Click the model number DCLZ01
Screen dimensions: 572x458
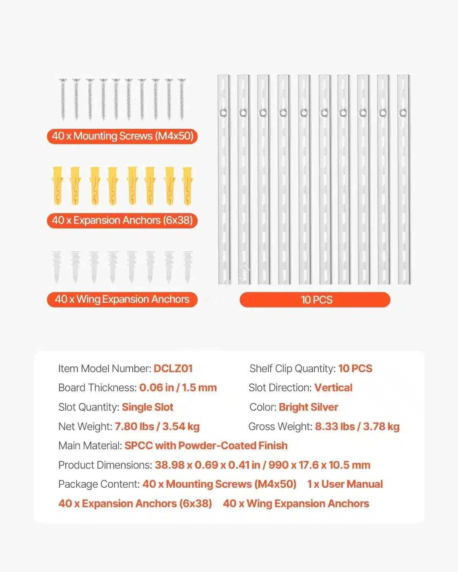[x=173, y=369]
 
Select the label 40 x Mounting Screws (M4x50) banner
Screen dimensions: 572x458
[x=122, y=136]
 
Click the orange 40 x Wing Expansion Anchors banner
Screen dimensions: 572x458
[x=122, y=299]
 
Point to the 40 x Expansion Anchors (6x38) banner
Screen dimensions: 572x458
[x=122, y=220]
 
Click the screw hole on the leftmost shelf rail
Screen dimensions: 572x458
[x=224, y=113]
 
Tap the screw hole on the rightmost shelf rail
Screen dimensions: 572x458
[x=403, y=113]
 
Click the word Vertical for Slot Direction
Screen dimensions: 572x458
[x=333, y=388]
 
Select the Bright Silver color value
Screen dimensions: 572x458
[x=308, y=407]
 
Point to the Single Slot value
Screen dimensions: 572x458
[x=147, y=407]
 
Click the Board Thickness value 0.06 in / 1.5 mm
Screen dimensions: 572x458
[x=178, y=388]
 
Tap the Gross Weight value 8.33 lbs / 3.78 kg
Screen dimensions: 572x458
[x=357, y=427]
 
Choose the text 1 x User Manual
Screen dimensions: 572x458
[x=345, y=484]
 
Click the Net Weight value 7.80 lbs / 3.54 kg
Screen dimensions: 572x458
[x=157, y=427]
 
